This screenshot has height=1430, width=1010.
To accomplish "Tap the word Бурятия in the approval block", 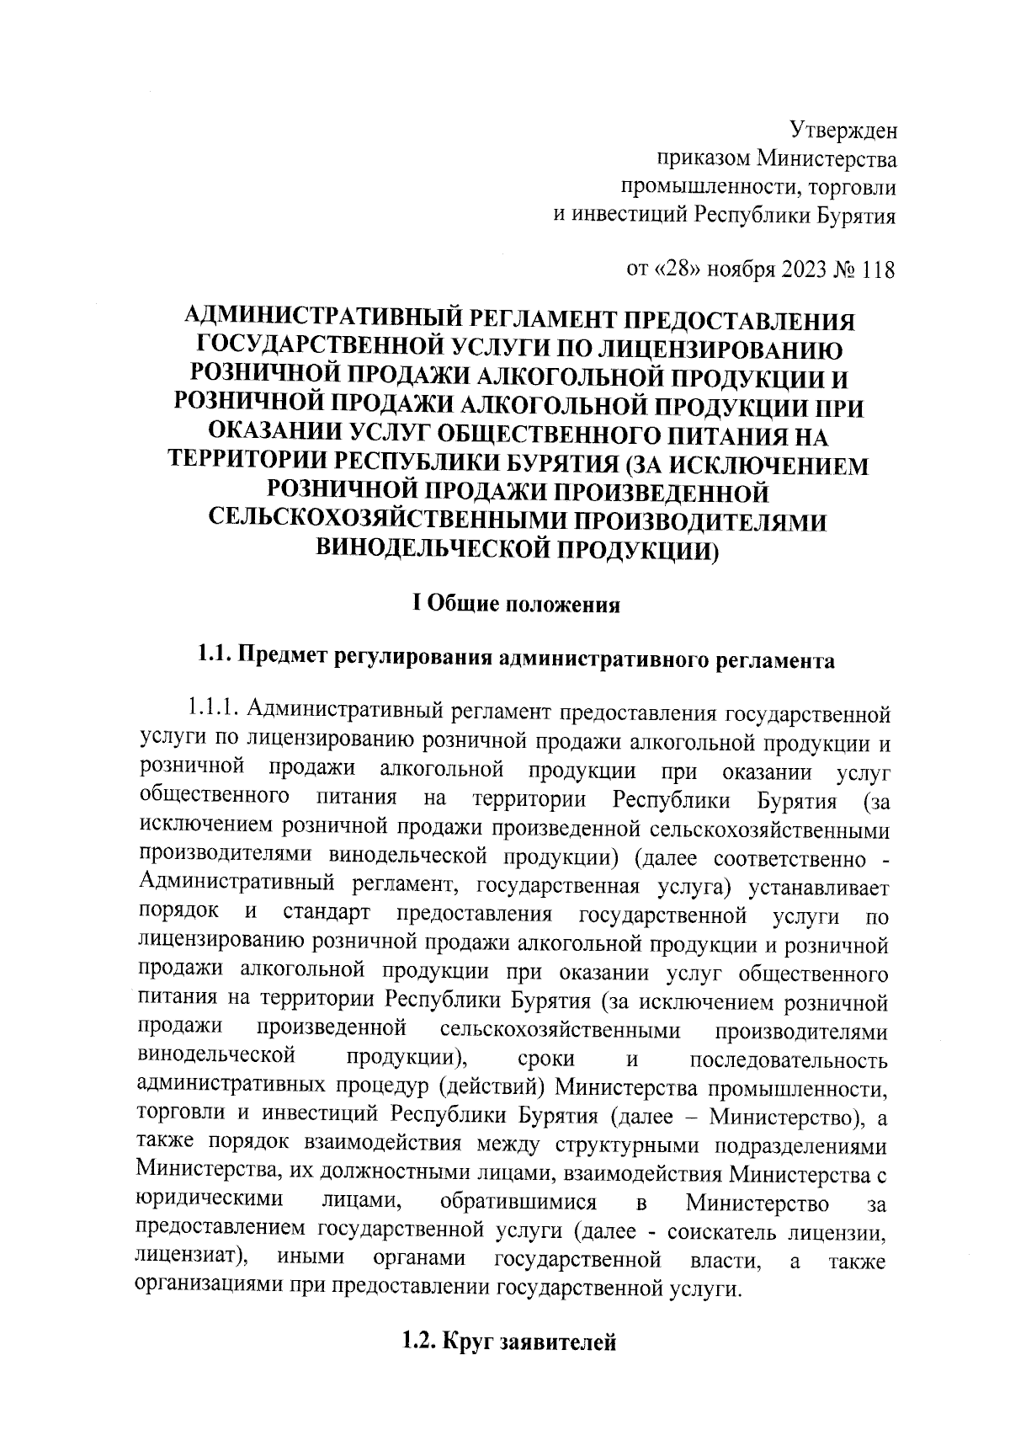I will pyautogui.click(x=850, y=216).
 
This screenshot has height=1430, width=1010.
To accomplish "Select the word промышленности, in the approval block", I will pyautogui.click(x=710, y=187).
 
